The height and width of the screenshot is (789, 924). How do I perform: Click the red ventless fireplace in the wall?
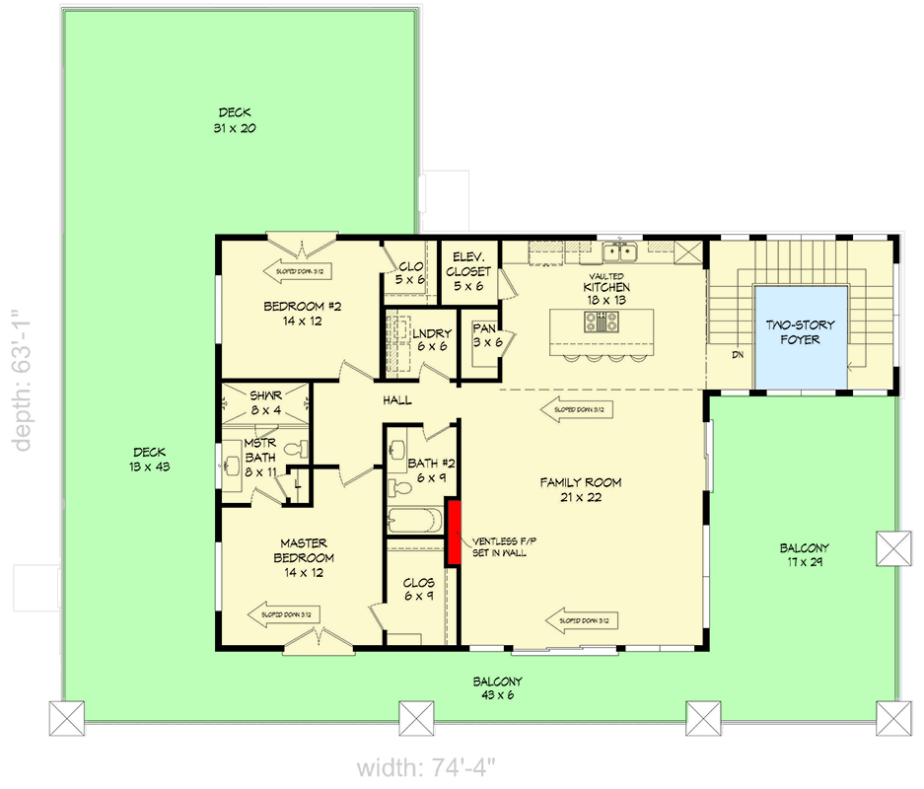[x=455, y=533]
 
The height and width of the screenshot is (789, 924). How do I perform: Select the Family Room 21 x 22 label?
[x=581, y=490]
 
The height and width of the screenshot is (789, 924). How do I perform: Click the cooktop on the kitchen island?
[x=603, y=321]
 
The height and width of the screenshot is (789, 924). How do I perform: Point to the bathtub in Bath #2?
[x=415, y=520]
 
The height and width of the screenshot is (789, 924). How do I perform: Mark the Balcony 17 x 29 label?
[x=804, y=554]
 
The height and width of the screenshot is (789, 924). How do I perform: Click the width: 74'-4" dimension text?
[x=426, y=767]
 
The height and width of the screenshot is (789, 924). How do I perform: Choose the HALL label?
[x=397, y=400]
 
